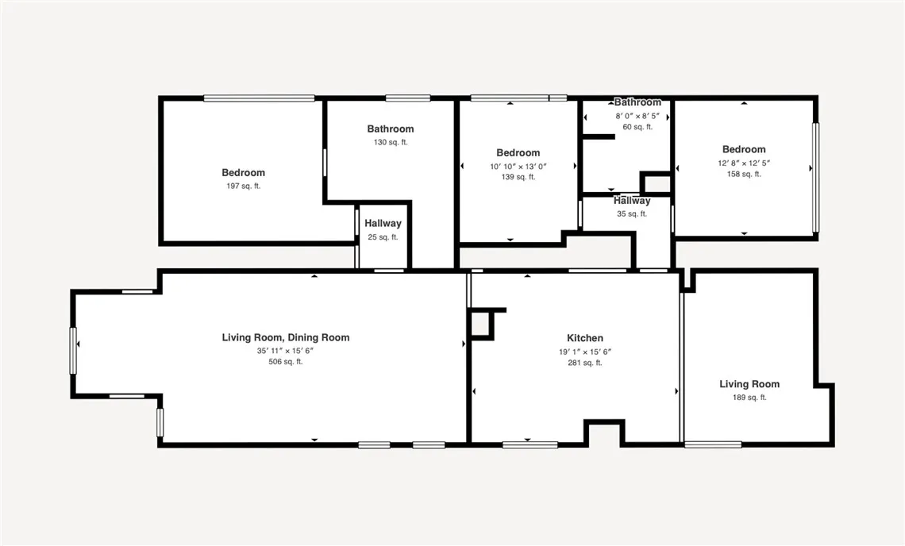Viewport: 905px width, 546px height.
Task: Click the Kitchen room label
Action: (584, 338)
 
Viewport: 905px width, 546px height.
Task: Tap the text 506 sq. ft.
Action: (285, 362)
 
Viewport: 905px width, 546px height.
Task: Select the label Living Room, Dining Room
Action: (285, 337)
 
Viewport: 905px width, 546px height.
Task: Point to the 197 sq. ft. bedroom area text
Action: (243, 186)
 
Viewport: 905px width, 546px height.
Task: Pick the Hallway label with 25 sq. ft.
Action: (383, 224)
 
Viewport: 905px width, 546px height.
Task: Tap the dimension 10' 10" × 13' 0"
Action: (518, 166)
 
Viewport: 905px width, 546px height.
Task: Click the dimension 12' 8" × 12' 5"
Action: (744, 163)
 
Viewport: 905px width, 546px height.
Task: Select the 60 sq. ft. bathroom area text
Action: (637, 127)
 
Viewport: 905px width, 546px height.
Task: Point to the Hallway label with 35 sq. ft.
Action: (632, 202)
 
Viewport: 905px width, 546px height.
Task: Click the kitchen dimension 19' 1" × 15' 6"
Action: (584, 351)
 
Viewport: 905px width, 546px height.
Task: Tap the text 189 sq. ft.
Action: (749, 398)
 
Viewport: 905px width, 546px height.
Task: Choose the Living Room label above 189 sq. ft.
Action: (749, 384)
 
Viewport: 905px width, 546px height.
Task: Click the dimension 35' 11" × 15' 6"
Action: (285, 350)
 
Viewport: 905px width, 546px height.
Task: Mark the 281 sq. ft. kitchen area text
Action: (584, 363)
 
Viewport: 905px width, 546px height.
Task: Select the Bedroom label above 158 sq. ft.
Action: (744, 149)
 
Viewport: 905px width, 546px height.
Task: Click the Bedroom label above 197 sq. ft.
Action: (243, 172)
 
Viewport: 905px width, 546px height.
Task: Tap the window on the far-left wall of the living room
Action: (73, 350)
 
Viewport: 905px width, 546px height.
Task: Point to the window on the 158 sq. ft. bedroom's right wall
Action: (814, 178)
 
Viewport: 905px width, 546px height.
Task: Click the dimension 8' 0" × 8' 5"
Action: (637, 116)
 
